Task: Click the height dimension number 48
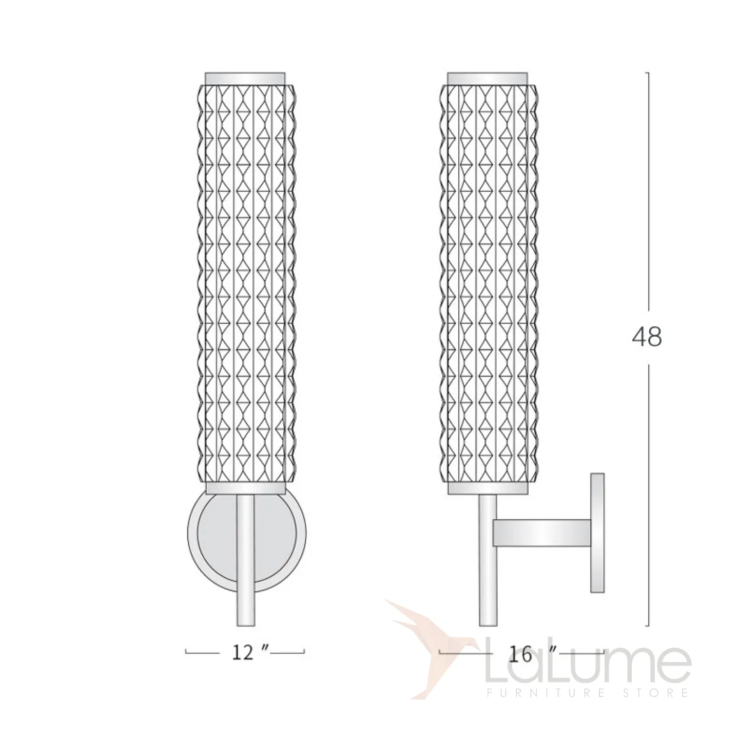[647, 337]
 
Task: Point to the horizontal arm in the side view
[541, 532]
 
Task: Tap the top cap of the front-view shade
[245, 78]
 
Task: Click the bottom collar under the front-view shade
[245, 488]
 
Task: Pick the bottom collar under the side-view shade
[488, 488]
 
